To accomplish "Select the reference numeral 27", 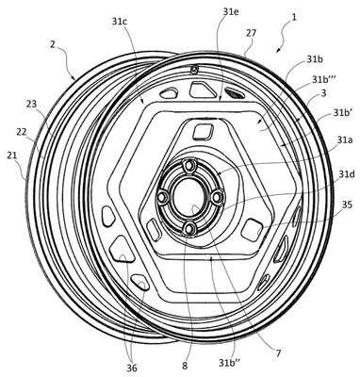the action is (252, 33).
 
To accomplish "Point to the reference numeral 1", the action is (294, 18).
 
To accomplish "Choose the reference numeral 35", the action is (347, 205).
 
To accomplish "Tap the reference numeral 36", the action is (132, 369).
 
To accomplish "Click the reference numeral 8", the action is (185, 366).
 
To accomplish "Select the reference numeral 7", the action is (278, 353).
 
